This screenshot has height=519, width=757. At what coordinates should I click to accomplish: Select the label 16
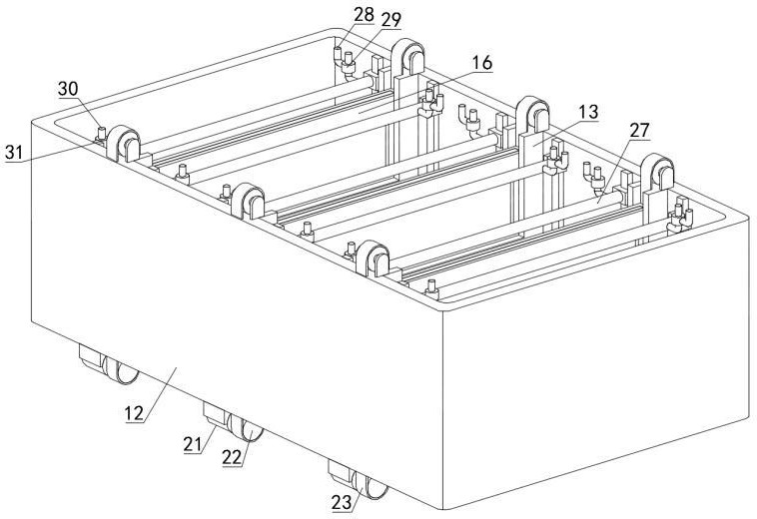482,63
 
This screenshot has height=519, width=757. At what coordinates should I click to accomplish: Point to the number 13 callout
588,113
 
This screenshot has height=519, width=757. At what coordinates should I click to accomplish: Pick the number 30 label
68,88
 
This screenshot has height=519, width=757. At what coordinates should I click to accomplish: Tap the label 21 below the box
193,442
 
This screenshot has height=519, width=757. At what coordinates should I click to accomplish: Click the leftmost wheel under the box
120,371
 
